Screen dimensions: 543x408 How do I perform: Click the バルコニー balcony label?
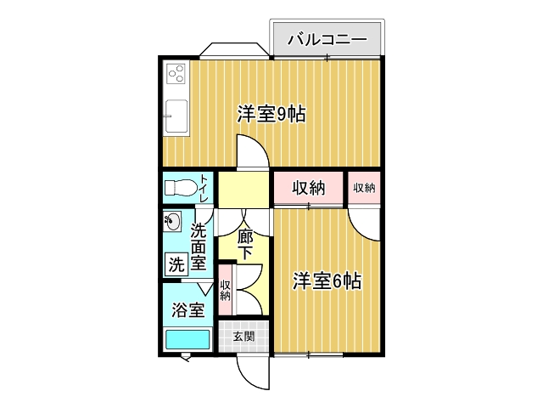pos(327,40)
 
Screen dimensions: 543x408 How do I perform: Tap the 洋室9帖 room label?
pos(271,114)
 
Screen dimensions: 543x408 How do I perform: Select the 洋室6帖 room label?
pos(327,281)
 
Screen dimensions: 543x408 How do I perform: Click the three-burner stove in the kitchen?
pos(176,74)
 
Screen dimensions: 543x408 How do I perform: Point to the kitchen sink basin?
pos(176,116)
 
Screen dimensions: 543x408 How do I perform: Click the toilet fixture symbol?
pos(180,188)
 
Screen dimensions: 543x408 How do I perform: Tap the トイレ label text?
pos(204,189)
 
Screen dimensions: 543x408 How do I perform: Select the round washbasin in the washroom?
pos(172,221)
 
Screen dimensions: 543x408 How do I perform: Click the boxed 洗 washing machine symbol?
pos(176,264)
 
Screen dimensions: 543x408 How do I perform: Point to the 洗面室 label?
pos(199,246)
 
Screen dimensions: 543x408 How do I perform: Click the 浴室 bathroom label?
pos(188,309)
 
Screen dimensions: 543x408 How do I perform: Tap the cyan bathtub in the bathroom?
pos(188,339)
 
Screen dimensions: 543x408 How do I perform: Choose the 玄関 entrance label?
pos(244,336)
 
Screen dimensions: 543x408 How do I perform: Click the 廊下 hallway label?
pos(245,245)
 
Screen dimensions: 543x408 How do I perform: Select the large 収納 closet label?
pos(309,188)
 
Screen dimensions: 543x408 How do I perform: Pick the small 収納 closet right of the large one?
pos(364,188)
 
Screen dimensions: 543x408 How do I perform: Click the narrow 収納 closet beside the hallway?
pos(226,291)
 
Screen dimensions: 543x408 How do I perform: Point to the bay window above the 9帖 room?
pos(234,49)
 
